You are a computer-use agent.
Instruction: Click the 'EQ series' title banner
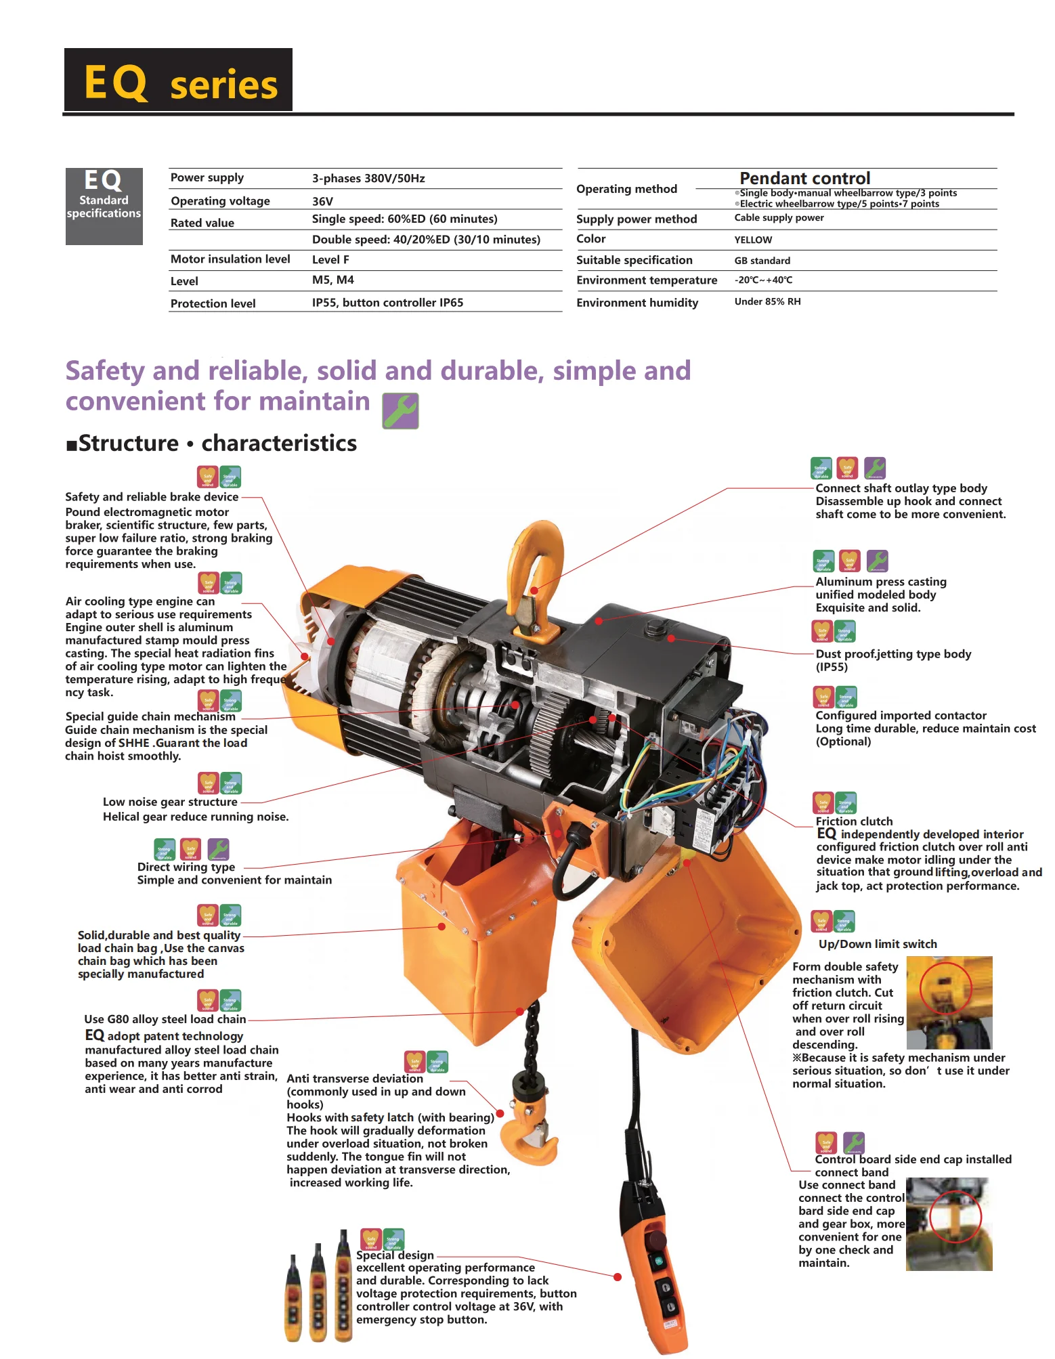[x=178, y=80]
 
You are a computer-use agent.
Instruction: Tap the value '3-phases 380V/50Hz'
[x=368, y=179]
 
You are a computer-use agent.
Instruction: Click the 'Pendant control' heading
[x=804, y=179]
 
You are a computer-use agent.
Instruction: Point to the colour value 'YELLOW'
[x=753, y=240]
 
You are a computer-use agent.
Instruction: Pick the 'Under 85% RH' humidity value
[x=767, y=302]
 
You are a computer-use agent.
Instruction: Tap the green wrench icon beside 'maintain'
[x=400, y=411]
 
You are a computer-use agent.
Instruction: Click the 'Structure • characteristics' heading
[x=211, y=444]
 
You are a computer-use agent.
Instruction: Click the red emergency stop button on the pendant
[x=655, y=1240]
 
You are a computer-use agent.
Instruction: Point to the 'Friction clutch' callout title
[x=854, y=821]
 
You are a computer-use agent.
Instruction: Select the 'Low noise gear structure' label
[x=170, y=802]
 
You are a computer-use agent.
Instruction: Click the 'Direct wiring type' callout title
[x=186, y=867]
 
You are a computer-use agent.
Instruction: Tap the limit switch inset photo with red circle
[x=949, y=1002]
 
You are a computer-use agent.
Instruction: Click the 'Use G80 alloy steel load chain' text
[x=165, y=1020]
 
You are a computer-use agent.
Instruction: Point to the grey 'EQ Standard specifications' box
[x=104, y=207]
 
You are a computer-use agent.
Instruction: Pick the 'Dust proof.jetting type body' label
[x=893, y=654]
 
